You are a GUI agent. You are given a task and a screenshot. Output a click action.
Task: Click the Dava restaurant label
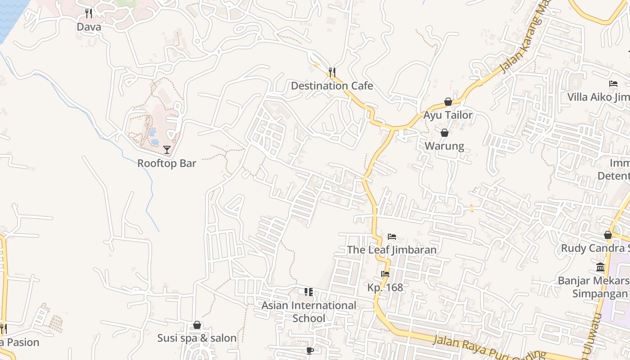(x=89, y=27)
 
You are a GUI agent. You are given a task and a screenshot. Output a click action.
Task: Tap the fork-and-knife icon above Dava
(x=89, y=13)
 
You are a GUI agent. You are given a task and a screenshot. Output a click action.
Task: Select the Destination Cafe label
(x=332, y=85)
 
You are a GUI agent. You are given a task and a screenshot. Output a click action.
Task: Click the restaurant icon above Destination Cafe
(x=332, y=72)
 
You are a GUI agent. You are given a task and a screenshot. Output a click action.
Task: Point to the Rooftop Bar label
(x=166, y=163)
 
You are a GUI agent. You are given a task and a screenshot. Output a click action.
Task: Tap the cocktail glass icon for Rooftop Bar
(x=167, y=149)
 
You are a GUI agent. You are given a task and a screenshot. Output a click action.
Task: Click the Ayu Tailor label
(x=448, y=115)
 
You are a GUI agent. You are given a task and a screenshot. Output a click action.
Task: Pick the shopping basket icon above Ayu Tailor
(x=448, y=102)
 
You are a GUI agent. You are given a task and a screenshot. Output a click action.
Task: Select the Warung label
(x=445, y=146)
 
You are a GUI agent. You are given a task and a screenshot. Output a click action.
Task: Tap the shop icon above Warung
(x=445, y=133)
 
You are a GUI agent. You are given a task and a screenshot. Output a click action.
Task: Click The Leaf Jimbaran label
(x=391, y=250)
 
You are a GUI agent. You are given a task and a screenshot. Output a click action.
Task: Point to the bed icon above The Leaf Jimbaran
(x=392, y=237)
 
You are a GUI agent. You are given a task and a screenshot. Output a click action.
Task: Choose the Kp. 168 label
(x=385, y=287)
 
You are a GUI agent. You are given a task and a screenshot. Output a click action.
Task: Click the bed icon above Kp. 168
(x=385, y=274)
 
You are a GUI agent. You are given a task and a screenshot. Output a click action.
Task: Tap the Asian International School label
(x=309, y=311)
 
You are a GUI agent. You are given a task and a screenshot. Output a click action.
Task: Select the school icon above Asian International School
(x=308, y=292)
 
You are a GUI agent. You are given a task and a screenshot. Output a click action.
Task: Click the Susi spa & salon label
(x=197, y=338)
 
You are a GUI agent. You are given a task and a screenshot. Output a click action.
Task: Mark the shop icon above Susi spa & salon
(x=197, y=325)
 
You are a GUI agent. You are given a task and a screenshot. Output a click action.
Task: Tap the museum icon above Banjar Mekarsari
(x=600, y=267)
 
